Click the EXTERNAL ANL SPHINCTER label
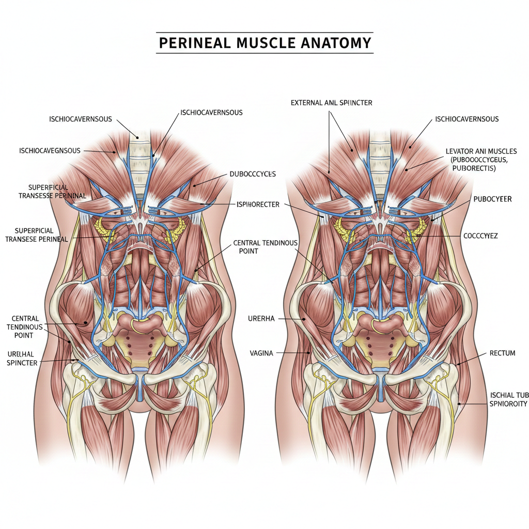coord(331,103)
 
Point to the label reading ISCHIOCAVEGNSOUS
coord(50,151)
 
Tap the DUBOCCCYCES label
coord(253,174)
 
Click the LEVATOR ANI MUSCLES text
coord(481,151)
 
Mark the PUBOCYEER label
coord(492,199)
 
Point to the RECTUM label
coord(502,353)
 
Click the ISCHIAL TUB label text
coord(509,395)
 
